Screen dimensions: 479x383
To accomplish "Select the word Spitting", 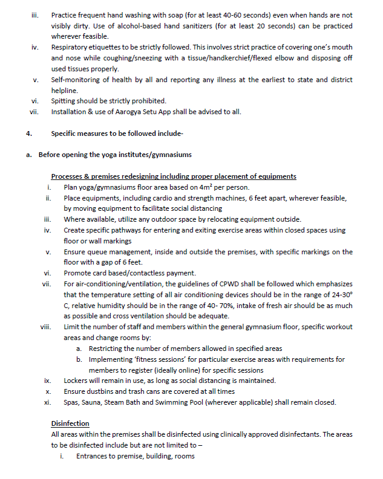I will [65, 101].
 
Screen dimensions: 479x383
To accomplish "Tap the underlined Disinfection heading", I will [70, 423].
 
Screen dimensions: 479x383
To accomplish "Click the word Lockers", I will [77, 381].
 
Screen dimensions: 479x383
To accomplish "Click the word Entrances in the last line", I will [94, 456].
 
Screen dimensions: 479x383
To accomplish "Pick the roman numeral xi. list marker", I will [47, 402].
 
